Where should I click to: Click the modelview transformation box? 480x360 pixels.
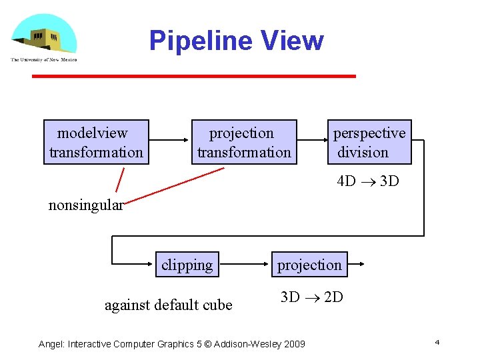(96, 142)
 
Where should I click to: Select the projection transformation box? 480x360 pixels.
(244, 142)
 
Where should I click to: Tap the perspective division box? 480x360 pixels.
(369, 142)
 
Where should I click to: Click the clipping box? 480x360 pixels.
(187, 265)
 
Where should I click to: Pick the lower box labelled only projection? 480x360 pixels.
(309, 265)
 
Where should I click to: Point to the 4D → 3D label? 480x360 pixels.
(368, 181)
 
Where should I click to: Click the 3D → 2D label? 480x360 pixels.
(311, 297)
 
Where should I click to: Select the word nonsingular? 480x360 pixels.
(86, 205)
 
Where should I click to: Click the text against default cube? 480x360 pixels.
(169, 305)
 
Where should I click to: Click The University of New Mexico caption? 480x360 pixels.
(44, 59)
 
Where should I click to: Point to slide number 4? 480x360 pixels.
(437, 342)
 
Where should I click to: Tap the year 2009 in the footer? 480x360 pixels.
(293, 344)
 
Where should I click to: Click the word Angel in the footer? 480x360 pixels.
(51, 344)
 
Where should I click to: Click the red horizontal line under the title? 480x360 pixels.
(194, 77)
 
